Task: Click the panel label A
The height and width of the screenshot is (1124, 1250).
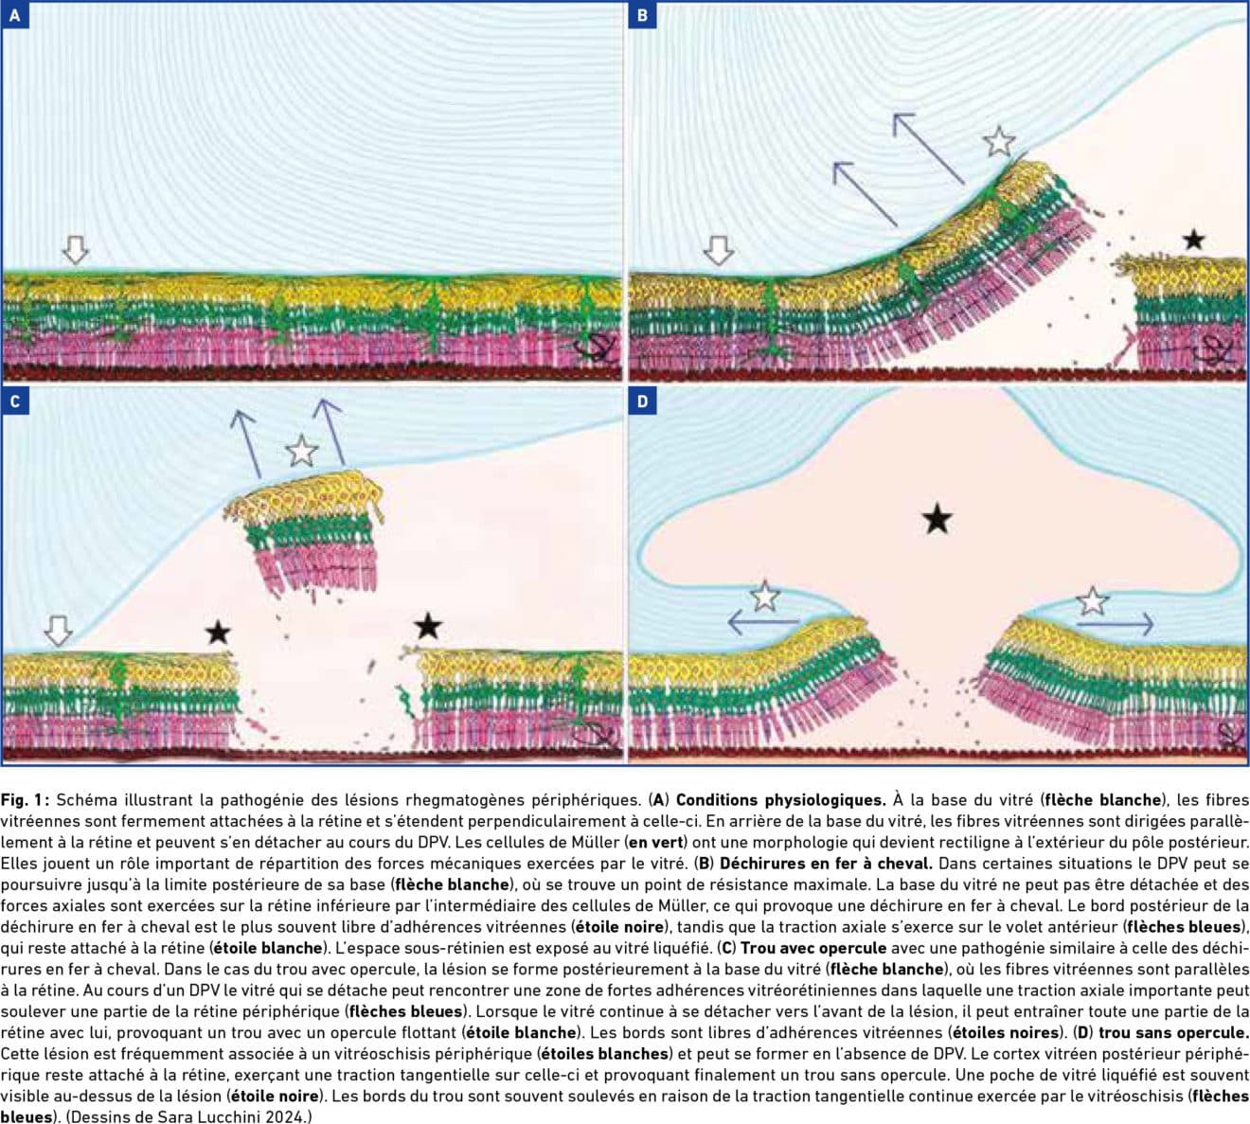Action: tap(15, 15)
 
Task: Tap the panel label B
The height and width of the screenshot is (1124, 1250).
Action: tap(642, 15)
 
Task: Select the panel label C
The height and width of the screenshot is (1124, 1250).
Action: tap(15, 401)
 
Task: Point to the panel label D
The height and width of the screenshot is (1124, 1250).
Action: tap(642, 401)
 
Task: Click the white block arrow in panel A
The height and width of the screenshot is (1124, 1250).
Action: tap(76, 249)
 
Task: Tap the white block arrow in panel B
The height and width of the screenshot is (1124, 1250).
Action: tap(719, 250)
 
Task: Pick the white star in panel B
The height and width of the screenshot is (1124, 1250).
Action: tap(999, 141)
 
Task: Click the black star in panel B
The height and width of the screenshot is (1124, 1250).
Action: tap(1193, 239)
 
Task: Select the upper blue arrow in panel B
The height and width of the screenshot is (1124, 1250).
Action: tap(928, 149)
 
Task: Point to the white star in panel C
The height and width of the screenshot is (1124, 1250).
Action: tap(301, 451)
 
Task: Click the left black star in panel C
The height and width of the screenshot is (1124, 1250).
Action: tap(218, 633)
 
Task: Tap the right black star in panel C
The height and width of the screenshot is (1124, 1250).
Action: tap(428, 625)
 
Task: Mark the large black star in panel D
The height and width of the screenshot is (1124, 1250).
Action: tap(937, 518)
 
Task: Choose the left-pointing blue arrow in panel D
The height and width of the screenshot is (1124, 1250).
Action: tap(763, 621)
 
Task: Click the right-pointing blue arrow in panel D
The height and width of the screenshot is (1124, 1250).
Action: tap(1116, 623)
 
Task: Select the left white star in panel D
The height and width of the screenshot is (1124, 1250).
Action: tap(765, 597)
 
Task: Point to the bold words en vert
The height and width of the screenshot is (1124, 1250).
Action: tap(656, 842)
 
